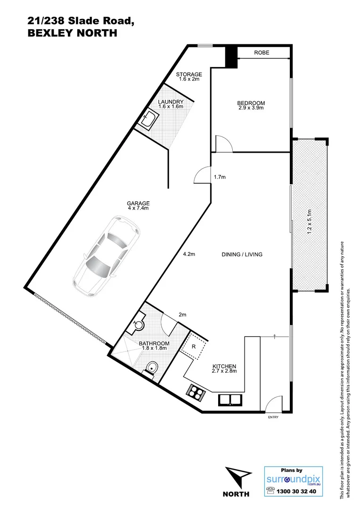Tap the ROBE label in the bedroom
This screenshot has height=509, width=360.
262,53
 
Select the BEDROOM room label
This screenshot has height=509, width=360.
250,103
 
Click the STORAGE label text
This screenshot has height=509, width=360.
189,74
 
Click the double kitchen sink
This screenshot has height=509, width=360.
229,400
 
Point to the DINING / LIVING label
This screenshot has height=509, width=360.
242,254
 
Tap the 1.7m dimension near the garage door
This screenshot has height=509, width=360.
220,178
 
